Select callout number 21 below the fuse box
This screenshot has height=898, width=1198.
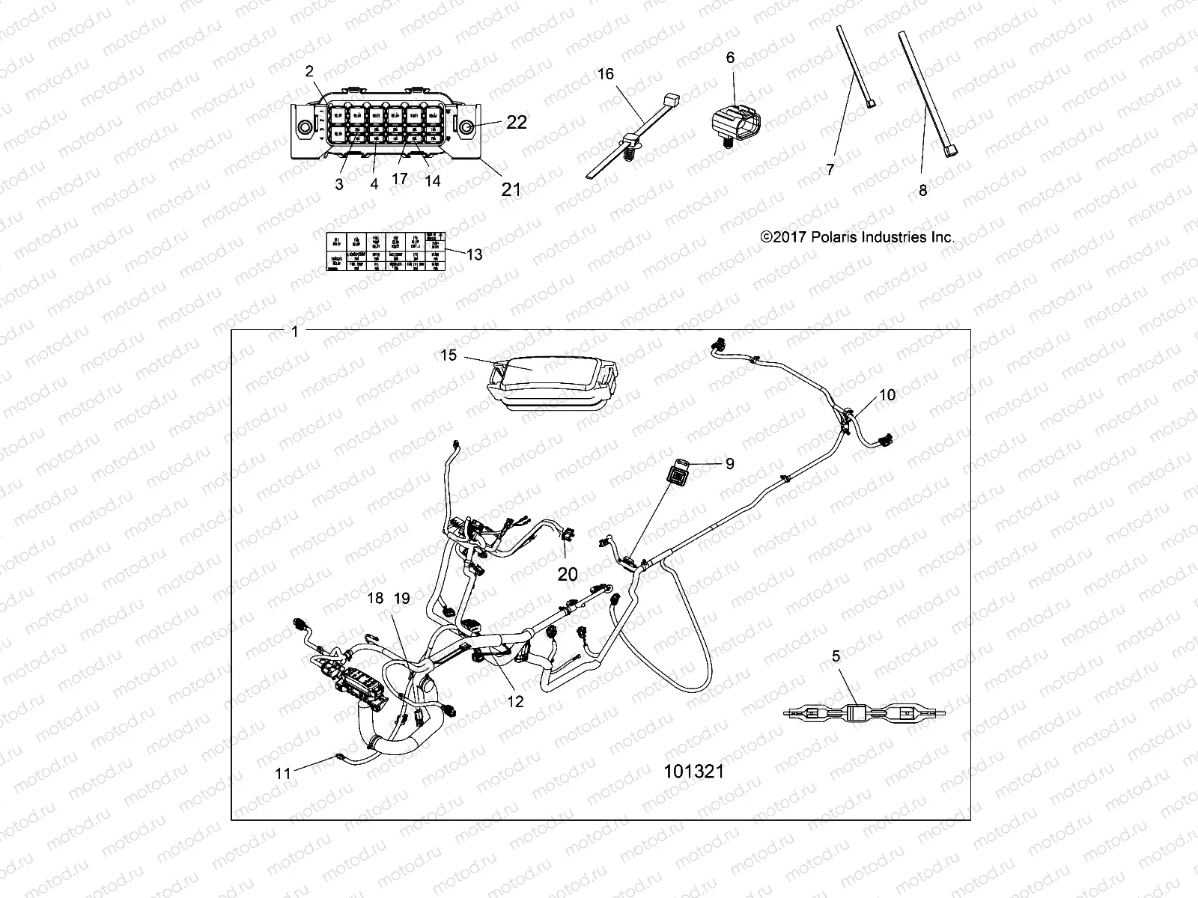[511, 189]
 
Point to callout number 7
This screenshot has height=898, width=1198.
[830, 170]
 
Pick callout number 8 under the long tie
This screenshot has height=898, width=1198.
[922, 190]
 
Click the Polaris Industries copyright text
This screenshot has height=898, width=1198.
[857, 237]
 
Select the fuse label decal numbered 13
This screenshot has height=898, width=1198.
[385, 254]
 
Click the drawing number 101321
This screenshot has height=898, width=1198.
[694, 771]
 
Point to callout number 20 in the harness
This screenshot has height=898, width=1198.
[568, 574]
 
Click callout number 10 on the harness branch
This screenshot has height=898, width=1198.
[887, 394]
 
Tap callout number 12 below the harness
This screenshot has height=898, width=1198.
[515, 701]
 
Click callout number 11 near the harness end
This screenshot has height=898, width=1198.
[282, 774]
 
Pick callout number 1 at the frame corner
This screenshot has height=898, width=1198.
[294, 331]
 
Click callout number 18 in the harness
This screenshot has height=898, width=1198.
[374, 598]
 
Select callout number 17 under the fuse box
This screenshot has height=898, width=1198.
[399, 180]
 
